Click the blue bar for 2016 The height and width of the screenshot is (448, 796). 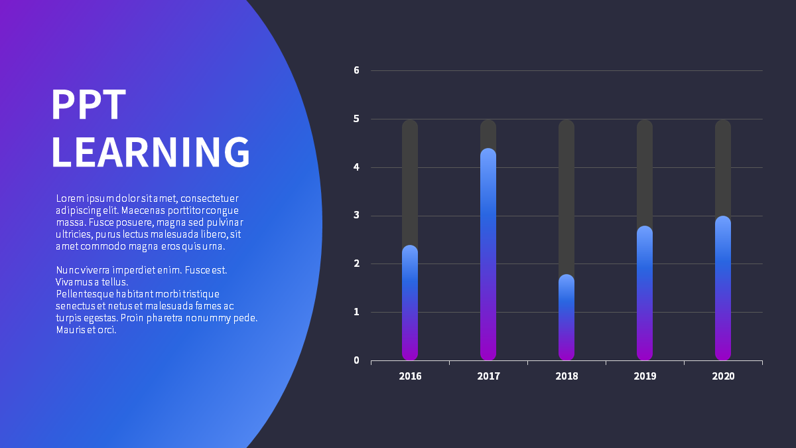pos(410,303)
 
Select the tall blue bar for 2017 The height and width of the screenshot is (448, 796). pos(488,254)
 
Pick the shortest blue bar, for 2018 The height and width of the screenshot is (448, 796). pos(566,317)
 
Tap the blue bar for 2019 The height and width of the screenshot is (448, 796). pos(645,293)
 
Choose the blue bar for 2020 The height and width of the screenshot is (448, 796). pos(723,288)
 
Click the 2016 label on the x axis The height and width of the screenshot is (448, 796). pos(410,376)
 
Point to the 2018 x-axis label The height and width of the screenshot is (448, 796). pos(566,376)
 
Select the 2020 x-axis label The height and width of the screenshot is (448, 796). pos(723,376)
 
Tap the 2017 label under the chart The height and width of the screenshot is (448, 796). pos(488,376)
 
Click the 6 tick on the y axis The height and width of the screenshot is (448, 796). pos(356,70)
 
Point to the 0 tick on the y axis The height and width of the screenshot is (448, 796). pos(356,360)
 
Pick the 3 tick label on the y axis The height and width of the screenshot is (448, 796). pos(356,215)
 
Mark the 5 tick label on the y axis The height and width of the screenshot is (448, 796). pos(356,119)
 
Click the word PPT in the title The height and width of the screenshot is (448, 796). pos(89,105)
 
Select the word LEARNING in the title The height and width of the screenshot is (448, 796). pos(151,152)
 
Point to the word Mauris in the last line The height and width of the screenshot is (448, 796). pos(71,330)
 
